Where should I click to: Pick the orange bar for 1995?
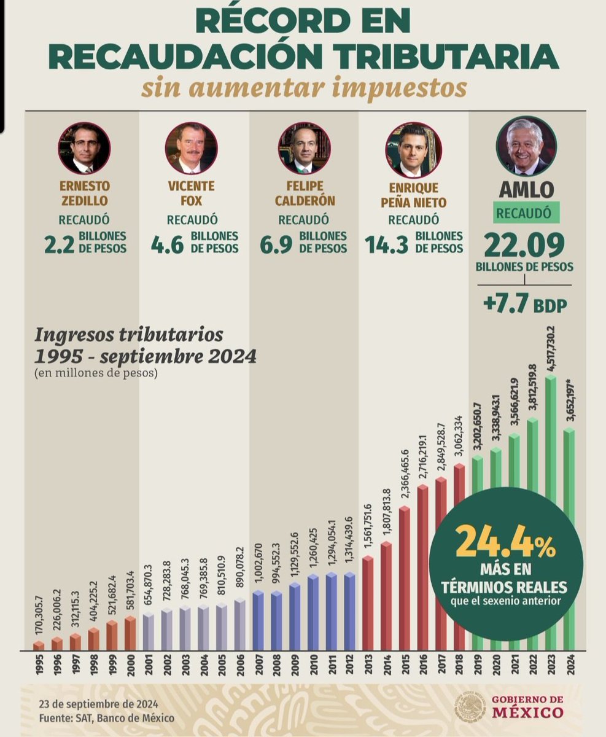tap(39, 645)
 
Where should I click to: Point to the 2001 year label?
tap(148, 666)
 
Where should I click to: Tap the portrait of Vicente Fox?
tap(191, 148)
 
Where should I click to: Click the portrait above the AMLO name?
tap(526, 146)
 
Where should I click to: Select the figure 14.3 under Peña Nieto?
tap(386, 244)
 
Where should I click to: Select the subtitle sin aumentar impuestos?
tap(303, 88)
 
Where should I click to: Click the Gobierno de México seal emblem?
tap(468, 707)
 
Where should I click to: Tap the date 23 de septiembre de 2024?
tap(99, 704)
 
